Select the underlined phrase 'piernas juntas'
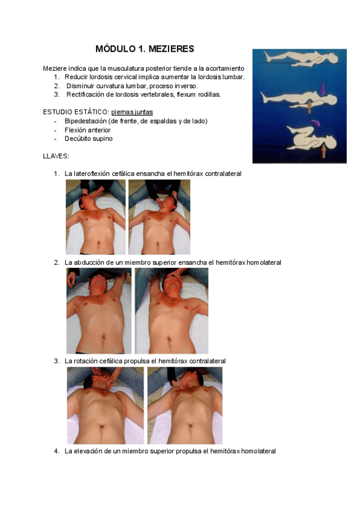[132, 112]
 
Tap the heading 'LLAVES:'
[56, 156]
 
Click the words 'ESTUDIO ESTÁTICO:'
[76, 112]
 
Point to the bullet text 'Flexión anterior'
[88, 130]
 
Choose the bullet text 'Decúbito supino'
[89, 139]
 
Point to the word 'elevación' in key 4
[88, 451]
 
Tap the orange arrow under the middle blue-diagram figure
[309, 107]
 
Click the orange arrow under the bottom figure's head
[323, 152]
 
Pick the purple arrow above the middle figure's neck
[323, 88]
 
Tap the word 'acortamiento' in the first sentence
[224, 68]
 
